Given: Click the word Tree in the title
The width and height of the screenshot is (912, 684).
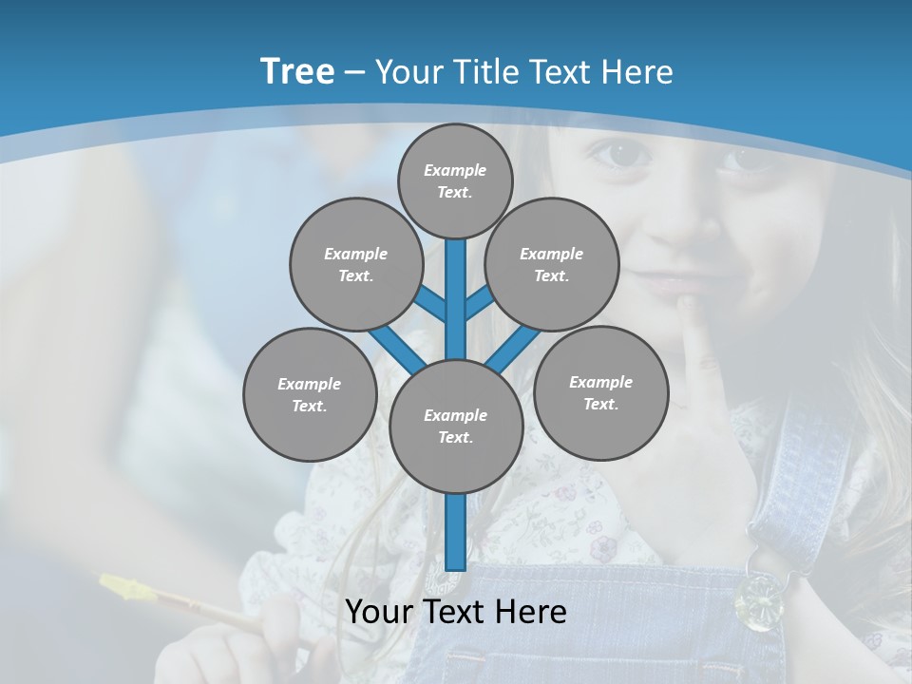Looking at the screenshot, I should [x=297, y=71].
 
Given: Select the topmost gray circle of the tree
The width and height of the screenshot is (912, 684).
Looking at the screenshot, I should [x=455, y=180].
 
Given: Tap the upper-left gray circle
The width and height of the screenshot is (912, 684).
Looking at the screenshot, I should [x=355, y=264].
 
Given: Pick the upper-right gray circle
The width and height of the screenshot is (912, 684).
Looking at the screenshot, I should [x=552, y=264].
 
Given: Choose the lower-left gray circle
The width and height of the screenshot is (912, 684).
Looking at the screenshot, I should [x=310, y=394].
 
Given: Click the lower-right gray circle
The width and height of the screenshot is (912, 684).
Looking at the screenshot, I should [x=600, y=392].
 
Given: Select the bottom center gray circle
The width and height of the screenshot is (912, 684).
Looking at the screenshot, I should [x=456, y=427].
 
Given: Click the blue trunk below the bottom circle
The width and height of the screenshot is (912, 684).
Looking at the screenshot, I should [x=456, y=532].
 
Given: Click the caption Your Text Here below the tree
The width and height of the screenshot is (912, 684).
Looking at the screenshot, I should [x=456, y=612].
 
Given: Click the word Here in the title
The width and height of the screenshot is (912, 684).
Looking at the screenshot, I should [x=638, y=72].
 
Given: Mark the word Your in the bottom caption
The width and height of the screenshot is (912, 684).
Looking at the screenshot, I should [x=379, y=612].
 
